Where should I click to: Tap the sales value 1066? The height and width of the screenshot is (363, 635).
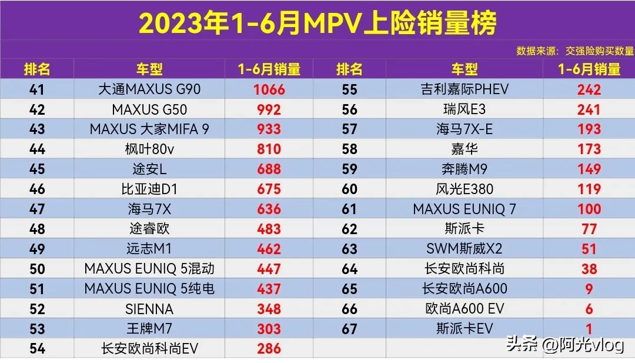point(269,89)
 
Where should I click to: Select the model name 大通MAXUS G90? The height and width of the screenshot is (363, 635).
point(149,89)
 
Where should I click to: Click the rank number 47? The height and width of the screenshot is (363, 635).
point(37,209)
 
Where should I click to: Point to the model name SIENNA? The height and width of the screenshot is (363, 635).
point(149,309)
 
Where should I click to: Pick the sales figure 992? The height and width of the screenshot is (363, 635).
point(269,109)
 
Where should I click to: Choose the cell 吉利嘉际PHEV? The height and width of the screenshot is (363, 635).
point(464,89)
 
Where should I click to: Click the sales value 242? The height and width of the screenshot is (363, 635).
point(589,89)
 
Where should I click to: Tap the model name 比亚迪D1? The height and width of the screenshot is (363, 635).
point(149,189)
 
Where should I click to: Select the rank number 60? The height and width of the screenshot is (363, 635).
point(349,189)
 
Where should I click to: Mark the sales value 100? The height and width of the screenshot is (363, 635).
point(589,209)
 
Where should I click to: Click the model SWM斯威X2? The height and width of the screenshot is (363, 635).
point(464,249)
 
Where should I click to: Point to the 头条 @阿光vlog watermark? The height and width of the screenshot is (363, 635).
point(564,344)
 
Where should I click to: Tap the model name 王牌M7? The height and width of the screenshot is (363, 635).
point(149,328)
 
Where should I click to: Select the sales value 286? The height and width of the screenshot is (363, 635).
point(269,348)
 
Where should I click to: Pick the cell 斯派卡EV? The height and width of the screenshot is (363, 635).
point(464,328)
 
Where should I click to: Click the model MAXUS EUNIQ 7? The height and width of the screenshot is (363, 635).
point(464,209)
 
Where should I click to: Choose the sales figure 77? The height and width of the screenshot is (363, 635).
point(589,229)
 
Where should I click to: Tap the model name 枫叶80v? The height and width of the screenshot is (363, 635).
point(149,149)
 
